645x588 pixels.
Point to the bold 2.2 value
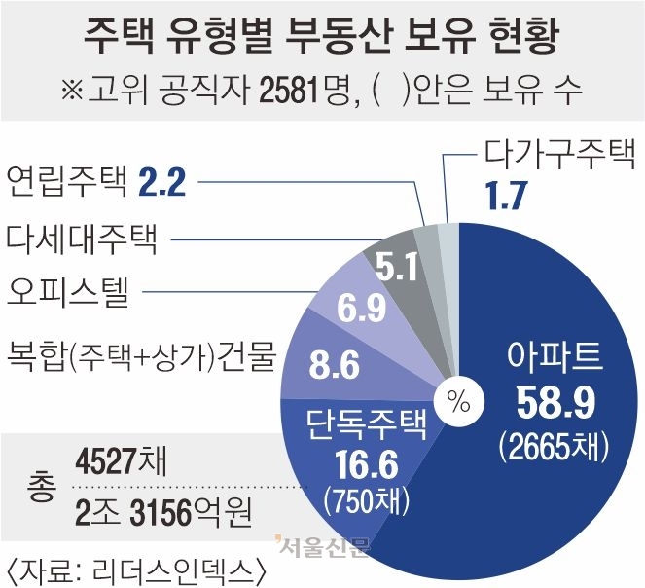161,180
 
